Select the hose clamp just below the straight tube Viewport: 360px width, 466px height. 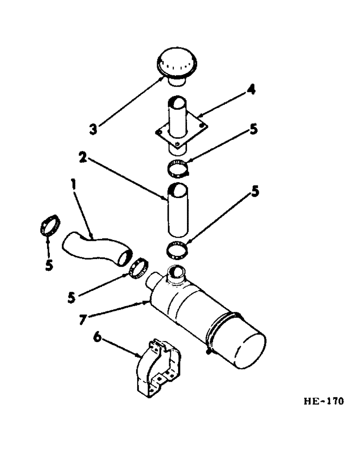pyautogui.click(x=178, y=250)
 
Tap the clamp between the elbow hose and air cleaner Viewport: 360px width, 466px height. pyautogui.click(x=139, y=269)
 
